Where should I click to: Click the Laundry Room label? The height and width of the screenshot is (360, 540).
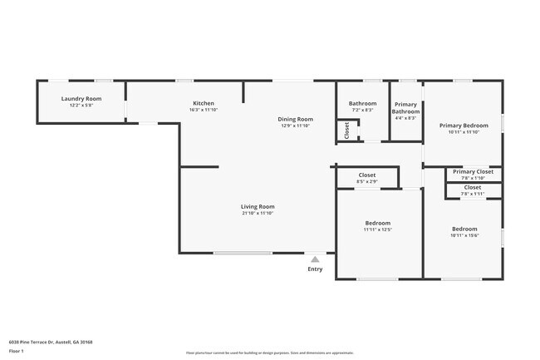pyautogui.click(x=81, y=99)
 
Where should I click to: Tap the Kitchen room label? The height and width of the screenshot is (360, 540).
pyautogui.click(x=203, y=103)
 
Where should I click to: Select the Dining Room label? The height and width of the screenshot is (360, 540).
pyautogui.click(x=295, y=119)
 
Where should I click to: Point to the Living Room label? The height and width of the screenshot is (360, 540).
pyautogui.click(x=258, y=206)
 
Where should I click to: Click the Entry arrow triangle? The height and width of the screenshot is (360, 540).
pyautogui.click(x=315, y=259)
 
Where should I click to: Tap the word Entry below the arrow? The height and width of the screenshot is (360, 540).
pyautogui.click(x=315, y=269)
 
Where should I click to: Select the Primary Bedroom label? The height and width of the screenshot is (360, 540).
pyautogui.click(x=464, y=125)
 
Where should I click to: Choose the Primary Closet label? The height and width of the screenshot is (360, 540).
pyautogui.click(x=473, y=171)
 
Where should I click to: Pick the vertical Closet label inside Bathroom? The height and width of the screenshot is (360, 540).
pyautogui.click(x=347, y=130)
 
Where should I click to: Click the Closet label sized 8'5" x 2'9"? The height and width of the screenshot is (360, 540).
pyautogui.click(x=366, y=175)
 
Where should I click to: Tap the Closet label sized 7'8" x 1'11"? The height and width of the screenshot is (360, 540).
pyautogui.click(x=472, y=187)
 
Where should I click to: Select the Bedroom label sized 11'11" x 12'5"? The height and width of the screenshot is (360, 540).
pyautogui.click(x=377, y=223)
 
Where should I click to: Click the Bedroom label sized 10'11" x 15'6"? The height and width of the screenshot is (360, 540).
pyautogui.click(x=464, y=229)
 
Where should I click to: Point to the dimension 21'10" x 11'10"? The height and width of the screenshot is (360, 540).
pyautogui.click(x=258, y=213)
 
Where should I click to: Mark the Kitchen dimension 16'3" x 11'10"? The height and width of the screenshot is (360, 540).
pyautogui.click(x=203, y=110)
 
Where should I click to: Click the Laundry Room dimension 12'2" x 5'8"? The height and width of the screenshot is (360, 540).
pyautogui.click(x=81, y=106)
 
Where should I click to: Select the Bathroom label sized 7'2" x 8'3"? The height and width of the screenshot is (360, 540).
pyautogui.click(x=362, y=103)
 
